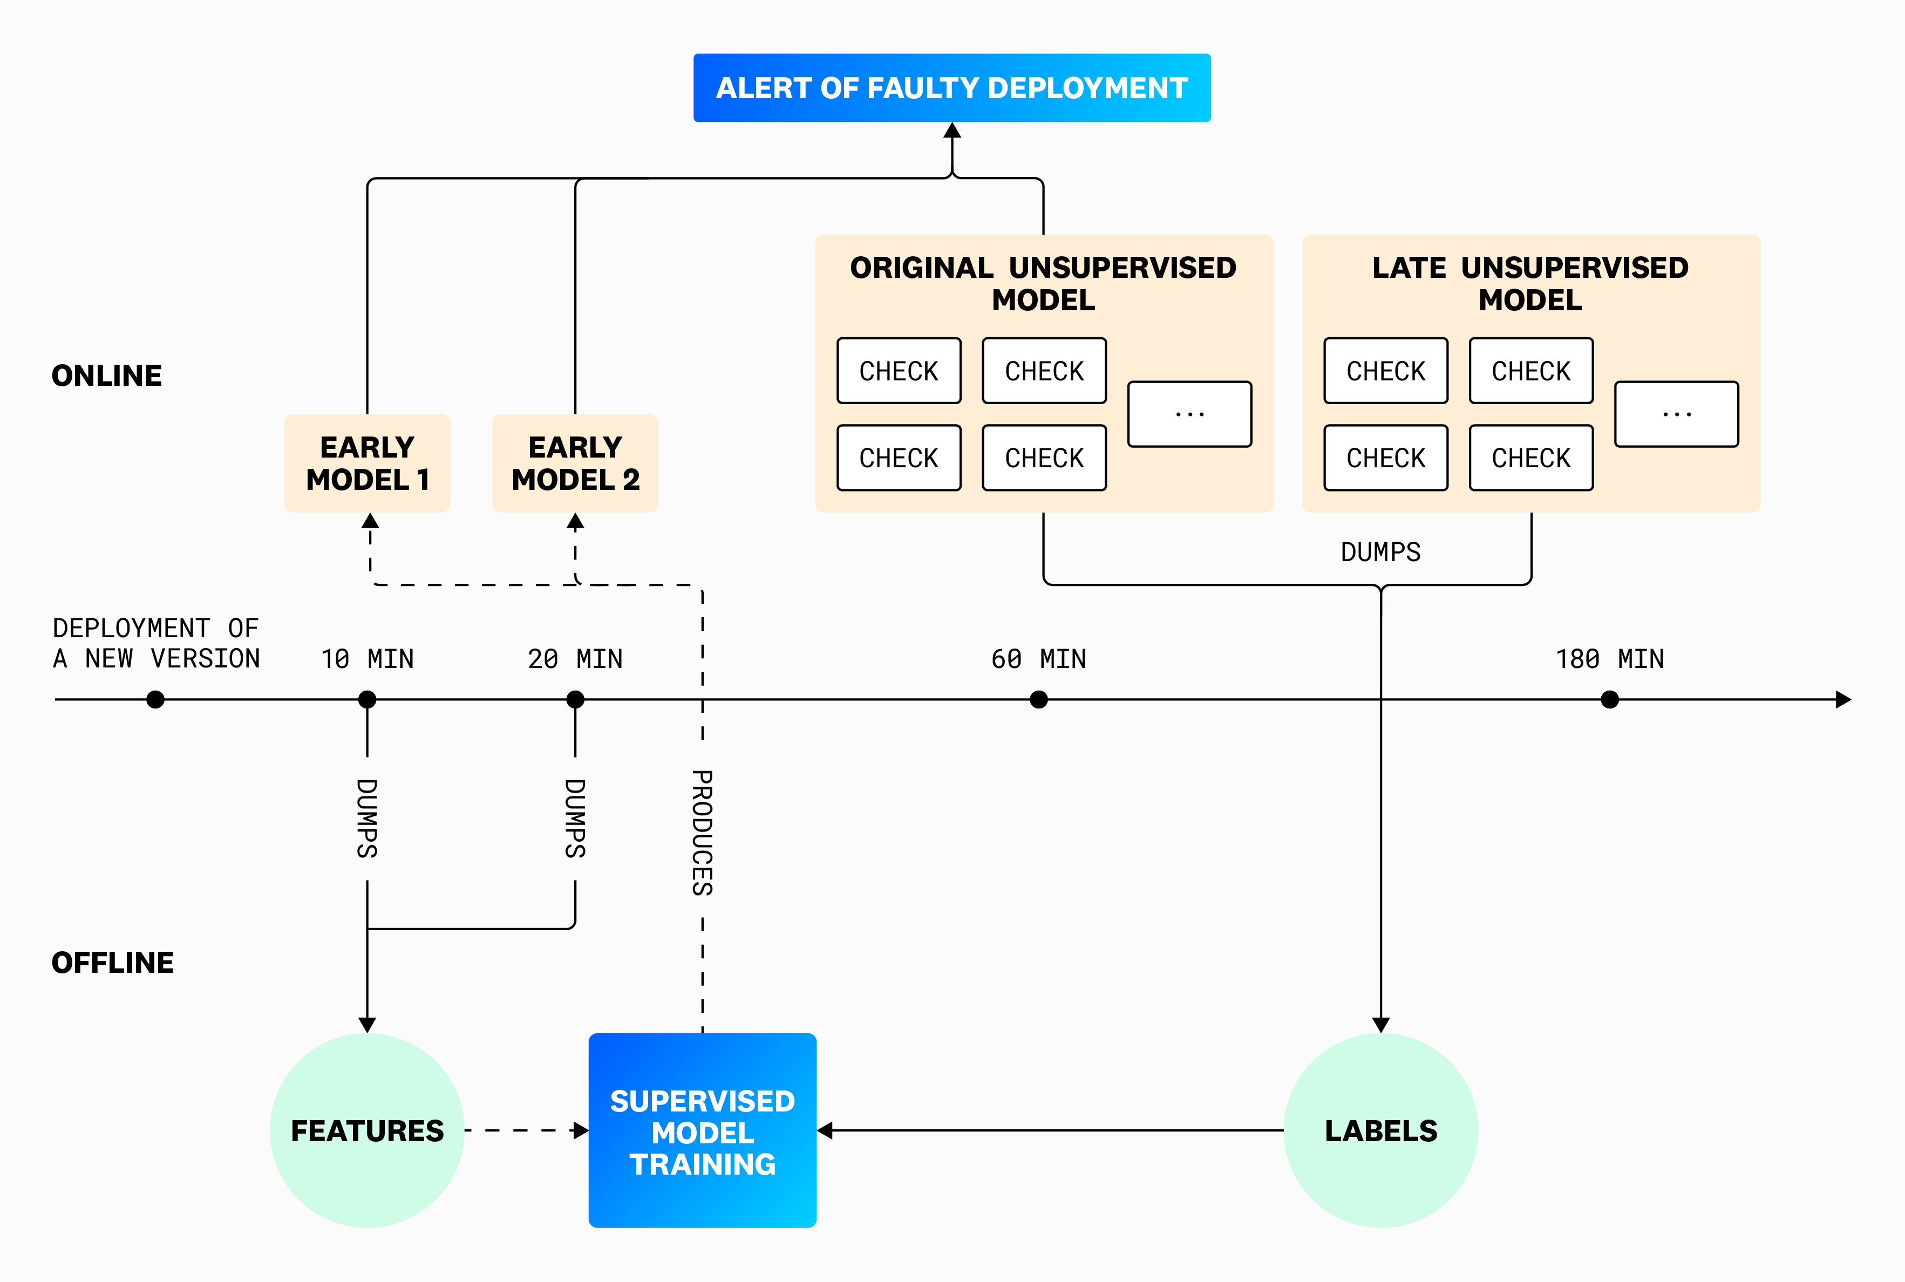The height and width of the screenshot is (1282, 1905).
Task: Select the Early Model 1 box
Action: pyautogui.click(x=367, y=463)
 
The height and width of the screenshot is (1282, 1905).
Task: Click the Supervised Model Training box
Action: pyautogui.click(x=702, y=1131)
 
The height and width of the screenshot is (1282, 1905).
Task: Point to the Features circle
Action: pyautogui.click(x=367, y=1131)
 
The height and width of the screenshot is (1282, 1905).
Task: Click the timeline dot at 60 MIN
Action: pyautogui.click(x=1038, y=700)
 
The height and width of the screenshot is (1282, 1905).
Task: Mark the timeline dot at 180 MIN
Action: pyautogui.click(x=1609, y=700)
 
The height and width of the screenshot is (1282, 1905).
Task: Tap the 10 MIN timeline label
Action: pyautogui.click(x=367, y=659)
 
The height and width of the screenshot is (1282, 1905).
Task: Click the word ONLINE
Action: pyautogui.click(x=107, y=376)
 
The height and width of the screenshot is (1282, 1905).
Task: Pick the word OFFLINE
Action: pyautogui.click(x=113, y=963)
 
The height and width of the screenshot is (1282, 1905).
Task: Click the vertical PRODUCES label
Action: pyautogui.click(x=702, y=833)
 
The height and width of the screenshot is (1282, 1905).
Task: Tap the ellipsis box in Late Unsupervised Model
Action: pyautogui.click(x=1676, y=414)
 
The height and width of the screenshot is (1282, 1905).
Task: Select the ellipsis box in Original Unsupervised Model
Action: pyautogui.click(x=1189, y=414)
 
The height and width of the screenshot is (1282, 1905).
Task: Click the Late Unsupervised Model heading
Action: pyautogui.click(x=1530, y=284)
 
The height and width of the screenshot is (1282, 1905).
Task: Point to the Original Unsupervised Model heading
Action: pyautogui.click(x=1043, y=284)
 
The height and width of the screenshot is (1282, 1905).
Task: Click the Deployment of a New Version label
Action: pyautogui.click(x=155, y=644)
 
